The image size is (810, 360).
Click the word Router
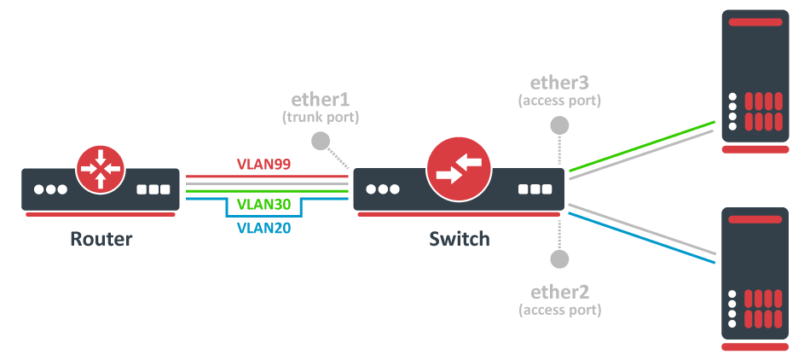(x=101, y=238)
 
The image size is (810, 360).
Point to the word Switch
(x=460, y=238)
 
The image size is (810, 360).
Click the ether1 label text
(x=321, y=99)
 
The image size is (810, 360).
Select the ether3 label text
(x=559, y=83)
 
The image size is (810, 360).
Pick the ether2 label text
(x=559, y=291)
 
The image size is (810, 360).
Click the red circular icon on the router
(x=101, y=166)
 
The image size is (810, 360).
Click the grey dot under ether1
(x=321, y=141)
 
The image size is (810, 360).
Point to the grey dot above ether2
(x=559, y=258)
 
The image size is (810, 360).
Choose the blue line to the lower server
(x=639, y=239)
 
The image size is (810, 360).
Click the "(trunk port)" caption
(x=321, y=116)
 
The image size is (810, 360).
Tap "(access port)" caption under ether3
(x=559, y=101)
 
